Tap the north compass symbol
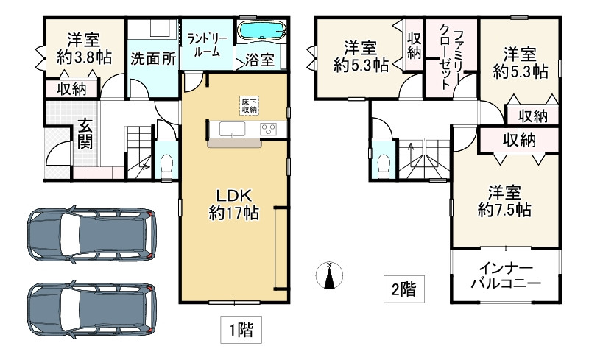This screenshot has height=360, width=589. tap(331, 275)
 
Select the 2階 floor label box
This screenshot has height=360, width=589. tap(403, 288)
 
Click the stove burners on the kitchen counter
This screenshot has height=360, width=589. tap(268, 130)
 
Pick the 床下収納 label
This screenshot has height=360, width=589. tap(249, 105)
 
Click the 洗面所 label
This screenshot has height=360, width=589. tap(152, 59)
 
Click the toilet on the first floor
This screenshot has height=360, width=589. tap(166, 160)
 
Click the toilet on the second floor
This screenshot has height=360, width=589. tap(382, 161)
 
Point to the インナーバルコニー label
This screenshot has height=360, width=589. tap(505, 275)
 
